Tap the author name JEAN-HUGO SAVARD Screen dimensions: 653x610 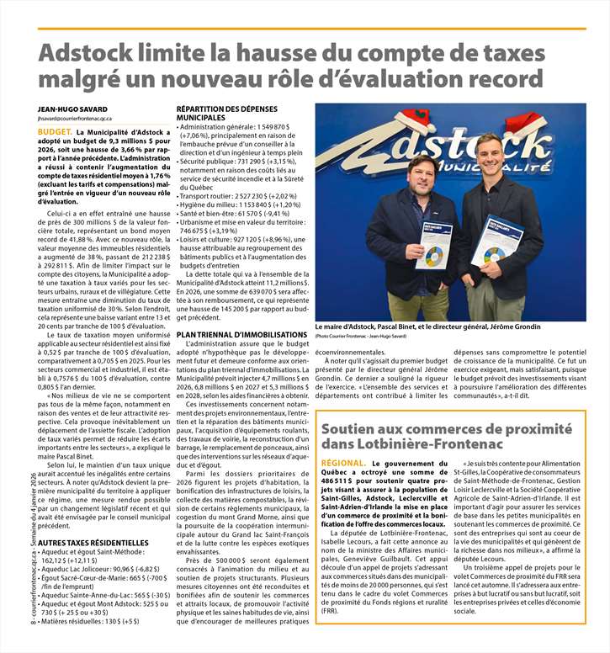(72, 109)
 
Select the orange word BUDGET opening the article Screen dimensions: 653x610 (54, 132)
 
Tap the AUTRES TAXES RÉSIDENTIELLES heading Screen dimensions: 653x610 (93, 542)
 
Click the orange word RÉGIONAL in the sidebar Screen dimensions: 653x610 (342, 463)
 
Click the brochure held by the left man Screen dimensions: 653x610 (435, 246)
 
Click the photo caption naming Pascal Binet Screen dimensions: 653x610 (427, 326)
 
